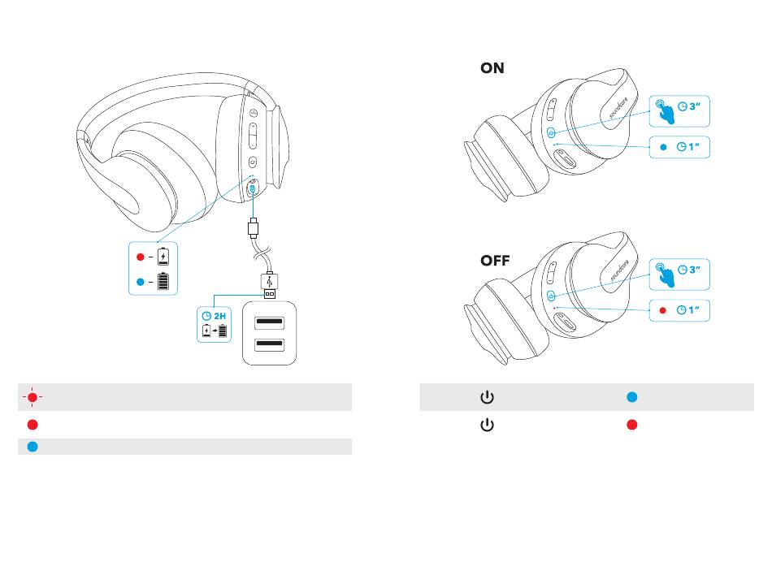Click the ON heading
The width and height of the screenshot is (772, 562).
tap(492, 69)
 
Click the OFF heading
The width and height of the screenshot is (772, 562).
tap(495, 262)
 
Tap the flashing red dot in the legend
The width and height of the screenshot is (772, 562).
tap(31, 397)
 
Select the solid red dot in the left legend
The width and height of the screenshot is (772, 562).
tap(31, 425)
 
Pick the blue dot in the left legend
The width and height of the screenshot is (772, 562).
tap(31, 446)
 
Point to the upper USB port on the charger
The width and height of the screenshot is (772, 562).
tap(269, 323)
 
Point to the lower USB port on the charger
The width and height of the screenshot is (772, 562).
tap(269, 344)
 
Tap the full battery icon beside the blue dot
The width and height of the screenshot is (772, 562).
tap(164, 282)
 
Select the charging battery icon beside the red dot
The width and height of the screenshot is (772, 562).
tap(164, 257)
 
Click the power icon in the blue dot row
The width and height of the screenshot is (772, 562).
tap(487, 398)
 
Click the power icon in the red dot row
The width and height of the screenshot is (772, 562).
tap(487, 425)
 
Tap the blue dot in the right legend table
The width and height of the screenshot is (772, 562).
tap(631, 398)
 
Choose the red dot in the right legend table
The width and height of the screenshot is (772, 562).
tap(631, 425)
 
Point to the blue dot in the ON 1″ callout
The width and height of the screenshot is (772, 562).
tap(663, 147)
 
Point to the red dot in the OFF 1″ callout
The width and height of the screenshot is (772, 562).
tap(663, 309)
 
